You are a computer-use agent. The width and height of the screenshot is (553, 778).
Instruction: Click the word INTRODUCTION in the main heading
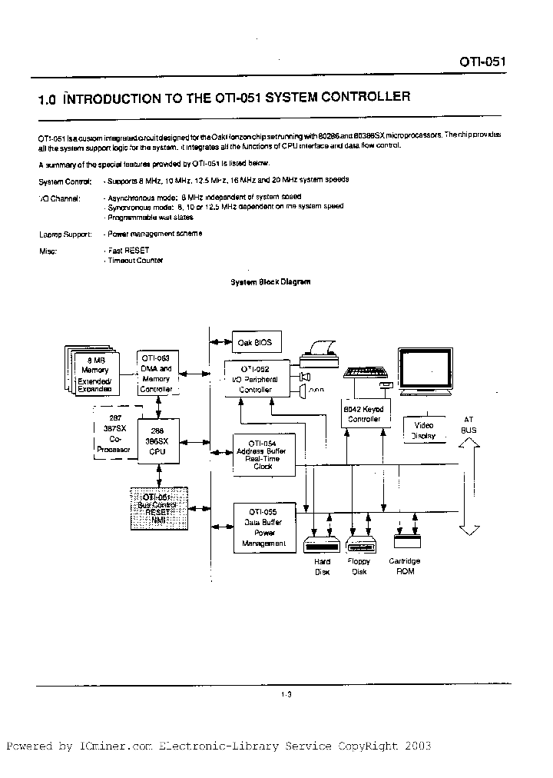(121, 98)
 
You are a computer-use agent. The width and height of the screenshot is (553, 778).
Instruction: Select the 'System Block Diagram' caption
(271, 282)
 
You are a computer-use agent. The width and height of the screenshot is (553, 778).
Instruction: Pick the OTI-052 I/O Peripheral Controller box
(257, 379)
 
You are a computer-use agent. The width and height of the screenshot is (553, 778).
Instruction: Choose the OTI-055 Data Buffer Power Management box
(262, 527)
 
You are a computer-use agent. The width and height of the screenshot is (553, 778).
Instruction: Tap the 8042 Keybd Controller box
(363, 414)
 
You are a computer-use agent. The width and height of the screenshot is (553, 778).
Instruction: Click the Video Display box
(423, 431)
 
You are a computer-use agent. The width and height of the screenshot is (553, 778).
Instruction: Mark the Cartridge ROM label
(404, 566)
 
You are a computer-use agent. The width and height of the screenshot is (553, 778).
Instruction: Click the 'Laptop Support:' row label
(65, 234)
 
